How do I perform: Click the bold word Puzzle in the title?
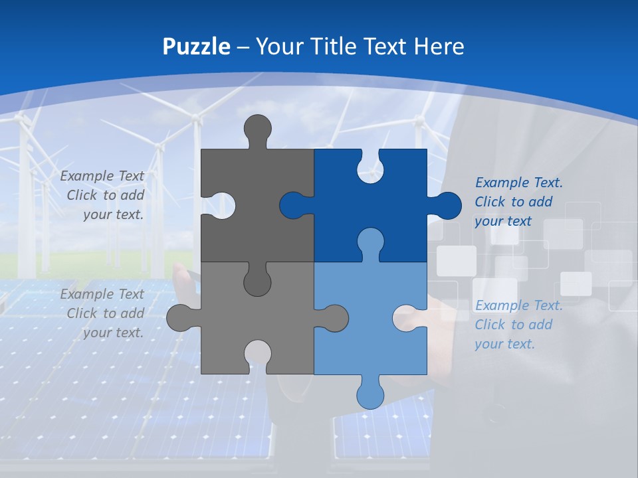pyautogui.click(x=197, y=46)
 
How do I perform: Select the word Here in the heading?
pyautogui.click(x=439, y=46)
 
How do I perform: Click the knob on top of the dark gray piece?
pyautogui.click(x=258, y=129)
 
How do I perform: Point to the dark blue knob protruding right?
pyautogui.click(x=447, y=206)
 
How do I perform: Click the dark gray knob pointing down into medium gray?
pyautogui.click(x=257, y=281)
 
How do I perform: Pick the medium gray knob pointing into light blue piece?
pyautogui.click(x=334, y=317)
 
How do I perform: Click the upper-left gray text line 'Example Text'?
pyautogui.click(x=102, y=176)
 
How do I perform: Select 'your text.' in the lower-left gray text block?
pyautogui.click(x=113, y=333)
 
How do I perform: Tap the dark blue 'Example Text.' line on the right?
pyautogui.click(x=519, y=183)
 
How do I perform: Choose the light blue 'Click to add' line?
pyautogui.click(x=513, y=325)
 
